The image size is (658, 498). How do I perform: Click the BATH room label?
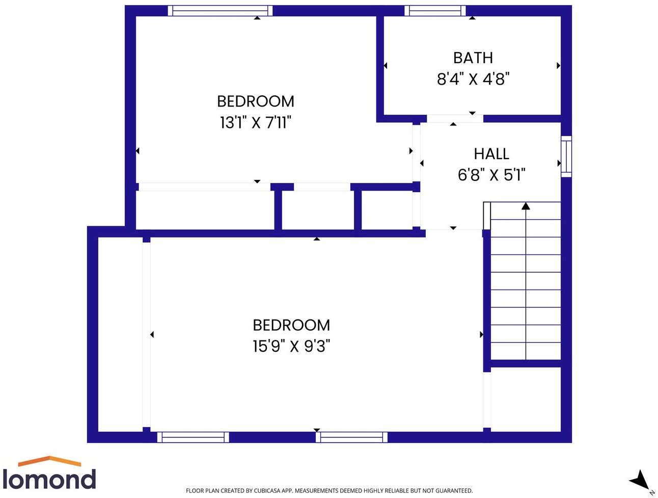[x=473, y=58]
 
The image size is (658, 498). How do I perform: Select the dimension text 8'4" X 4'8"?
[x=473, y=79]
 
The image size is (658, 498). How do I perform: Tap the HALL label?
[x=491, y=153]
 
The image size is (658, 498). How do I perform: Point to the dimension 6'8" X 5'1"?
[x=491, y=175]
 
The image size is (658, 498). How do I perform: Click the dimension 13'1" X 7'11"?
[x=255, y=123]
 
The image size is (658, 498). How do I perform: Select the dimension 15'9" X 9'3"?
[x=291, y=347]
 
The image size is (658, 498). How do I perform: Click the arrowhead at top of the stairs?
[x=526, y=206]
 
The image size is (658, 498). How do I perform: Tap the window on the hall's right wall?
[x=566, y=156]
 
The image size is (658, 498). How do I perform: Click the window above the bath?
[x=435, y=11]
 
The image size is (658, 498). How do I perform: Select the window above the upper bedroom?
[x=220, y=11]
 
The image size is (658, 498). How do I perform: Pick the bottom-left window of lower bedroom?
[x=193, y=437]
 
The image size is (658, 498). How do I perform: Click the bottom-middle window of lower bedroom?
[x=351, y=437]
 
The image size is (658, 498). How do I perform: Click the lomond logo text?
[x=49, y=480]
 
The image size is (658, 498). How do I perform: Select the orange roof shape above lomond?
[x=49, y=461]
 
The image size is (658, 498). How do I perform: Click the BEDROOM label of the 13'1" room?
[x=255, y=101]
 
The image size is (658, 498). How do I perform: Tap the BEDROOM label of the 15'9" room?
[x=291, y=325]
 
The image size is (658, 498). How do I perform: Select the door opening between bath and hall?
[x=454, y=119]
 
